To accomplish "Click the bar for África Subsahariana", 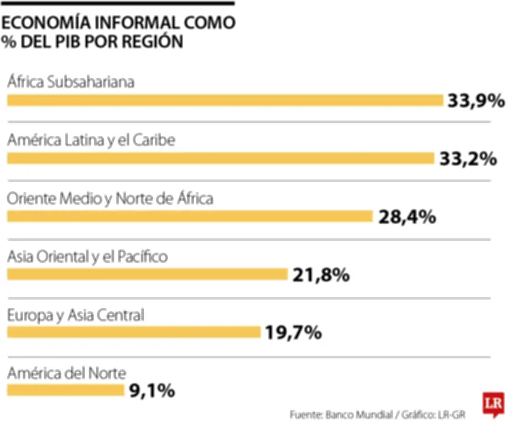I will click(224, 100).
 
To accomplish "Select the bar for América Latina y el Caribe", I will click(220, 158).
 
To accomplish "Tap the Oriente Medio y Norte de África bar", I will click(189, 216).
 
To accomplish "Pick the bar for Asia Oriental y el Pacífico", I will click(147, 274).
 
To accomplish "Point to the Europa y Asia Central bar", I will click(134, 332).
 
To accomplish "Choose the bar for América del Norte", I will click(65, 390).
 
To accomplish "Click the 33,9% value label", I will click(476, 101).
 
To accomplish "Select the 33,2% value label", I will click(468, 159).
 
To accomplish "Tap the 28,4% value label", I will click(407, 217).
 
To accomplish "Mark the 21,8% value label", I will click(321, 275).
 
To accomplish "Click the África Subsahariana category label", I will click(70, 82).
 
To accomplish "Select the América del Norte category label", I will click(67, 373).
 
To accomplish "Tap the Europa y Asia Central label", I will click(76, 315).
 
